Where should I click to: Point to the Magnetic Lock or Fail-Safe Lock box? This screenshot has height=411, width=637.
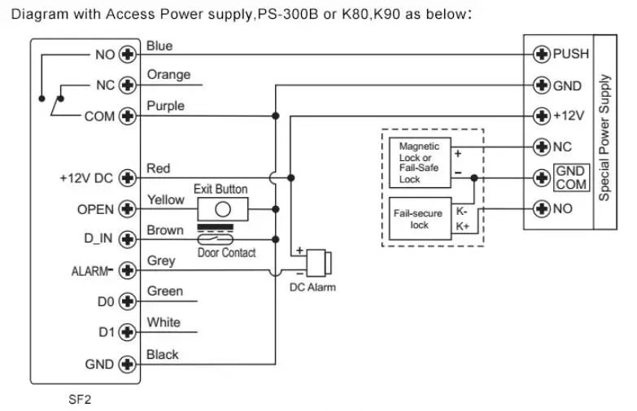click(419, 162)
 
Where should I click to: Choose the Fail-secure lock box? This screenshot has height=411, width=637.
click(419, 219)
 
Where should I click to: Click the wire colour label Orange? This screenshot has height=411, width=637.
click(168, 75)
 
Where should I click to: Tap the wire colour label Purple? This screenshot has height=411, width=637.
click(165, 106)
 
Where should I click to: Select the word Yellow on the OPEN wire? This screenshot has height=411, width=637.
click(165, 199)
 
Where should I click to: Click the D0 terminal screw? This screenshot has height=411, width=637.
click(127, 302)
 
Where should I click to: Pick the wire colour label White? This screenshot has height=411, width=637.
click(164, 322)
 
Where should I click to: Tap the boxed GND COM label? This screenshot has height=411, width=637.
click(570, 177)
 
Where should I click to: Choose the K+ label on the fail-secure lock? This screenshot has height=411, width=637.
click(462, 226)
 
